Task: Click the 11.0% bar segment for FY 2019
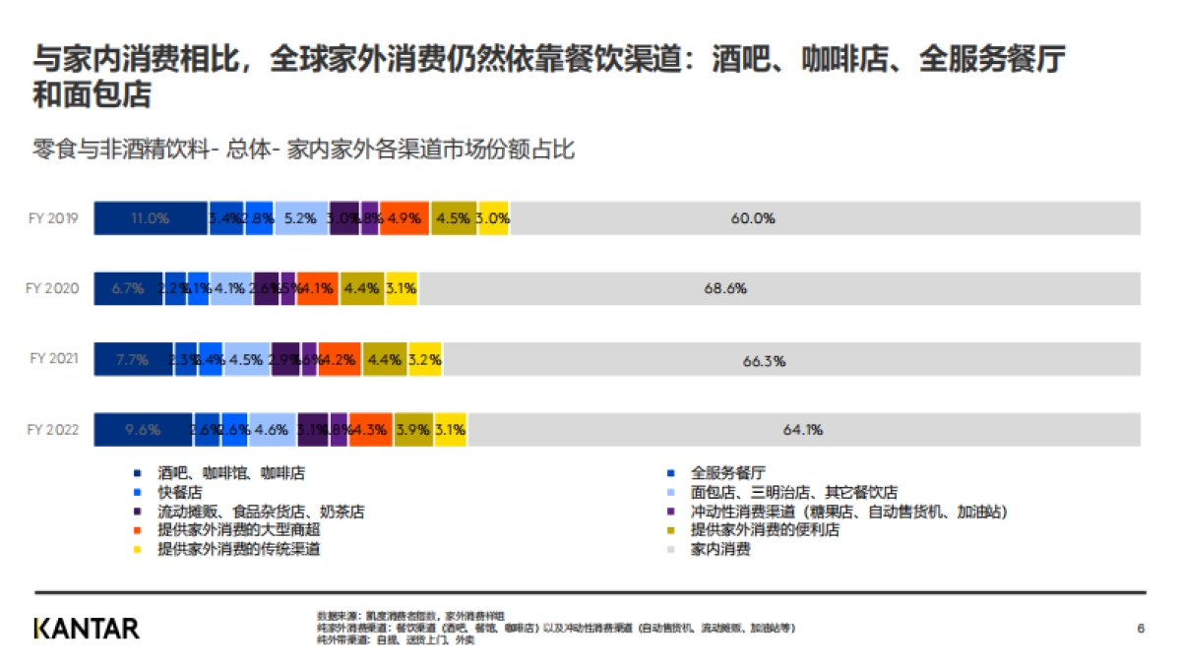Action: point(151,218)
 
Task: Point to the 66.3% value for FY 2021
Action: point(764,361)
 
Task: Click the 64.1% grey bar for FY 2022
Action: point(803,430)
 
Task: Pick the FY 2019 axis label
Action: point(53,218)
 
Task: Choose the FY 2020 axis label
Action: point(53,289)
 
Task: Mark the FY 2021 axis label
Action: point(53,360)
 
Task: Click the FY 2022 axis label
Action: point(53,430)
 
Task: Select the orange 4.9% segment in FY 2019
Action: point(404,218)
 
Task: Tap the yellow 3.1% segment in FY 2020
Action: point(402,289)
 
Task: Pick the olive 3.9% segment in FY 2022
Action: point(413,430)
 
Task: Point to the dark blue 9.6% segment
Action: point(143,430)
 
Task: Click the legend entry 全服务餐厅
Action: point(728,473)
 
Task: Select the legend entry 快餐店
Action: point(180,493)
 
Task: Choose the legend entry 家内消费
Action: point(720,549)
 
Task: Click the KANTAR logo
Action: point(87,628)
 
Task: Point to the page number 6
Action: point(1140,628)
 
